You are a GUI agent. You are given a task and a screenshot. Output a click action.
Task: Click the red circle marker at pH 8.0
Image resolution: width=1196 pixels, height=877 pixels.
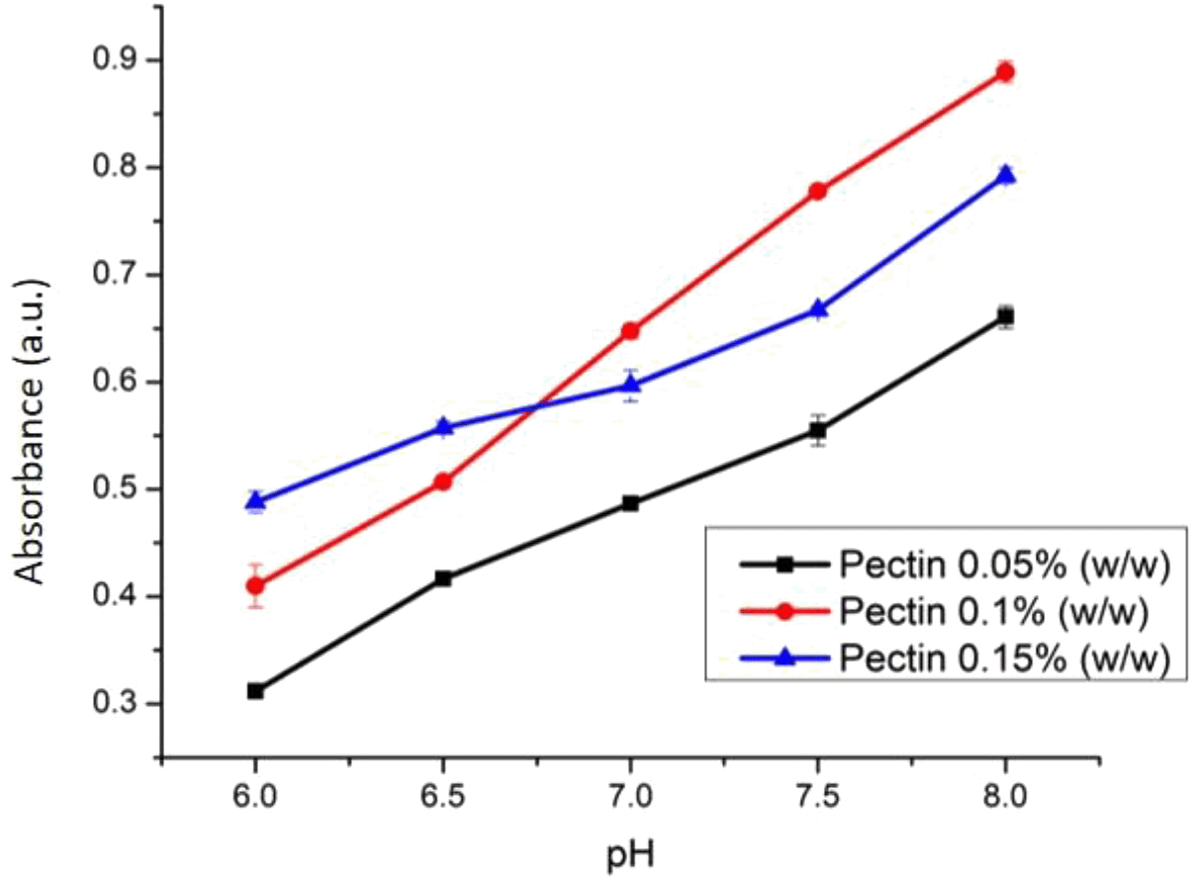coord(1005,71)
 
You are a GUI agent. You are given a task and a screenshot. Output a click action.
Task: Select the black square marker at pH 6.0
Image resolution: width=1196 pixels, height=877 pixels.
coord(255,690)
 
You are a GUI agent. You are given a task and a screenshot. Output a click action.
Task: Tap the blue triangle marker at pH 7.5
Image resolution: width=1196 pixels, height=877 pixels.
coord(818,309)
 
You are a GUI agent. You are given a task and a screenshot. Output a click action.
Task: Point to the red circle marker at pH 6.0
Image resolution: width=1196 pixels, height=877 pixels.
coord(255,585)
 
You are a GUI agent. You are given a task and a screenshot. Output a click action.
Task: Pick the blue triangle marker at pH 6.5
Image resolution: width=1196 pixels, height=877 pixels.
coord(443,427)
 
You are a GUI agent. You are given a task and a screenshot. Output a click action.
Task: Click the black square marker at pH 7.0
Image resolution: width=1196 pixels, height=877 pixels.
coord(630,503)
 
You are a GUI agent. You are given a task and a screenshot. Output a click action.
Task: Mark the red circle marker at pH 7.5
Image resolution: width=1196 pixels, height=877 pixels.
coord(818,191)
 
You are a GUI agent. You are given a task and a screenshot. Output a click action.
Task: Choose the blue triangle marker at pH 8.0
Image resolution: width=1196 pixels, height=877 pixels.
coord(1005,175)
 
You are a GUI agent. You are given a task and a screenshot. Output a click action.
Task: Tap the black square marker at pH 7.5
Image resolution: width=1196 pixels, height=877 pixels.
coord(818,430)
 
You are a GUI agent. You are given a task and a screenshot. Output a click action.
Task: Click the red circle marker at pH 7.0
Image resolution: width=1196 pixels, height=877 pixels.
coord(630,330)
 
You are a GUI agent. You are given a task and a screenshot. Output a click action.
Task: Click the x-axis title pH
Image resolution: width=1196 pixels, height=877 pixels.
coord(630,852)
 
